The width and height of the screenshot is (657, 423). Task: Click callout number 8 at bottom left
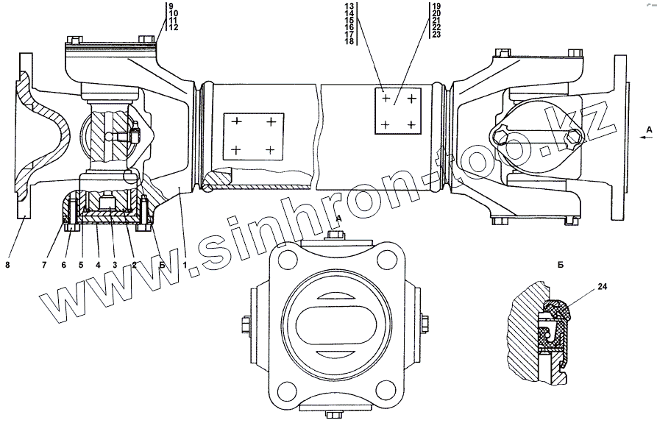tap(7, 265)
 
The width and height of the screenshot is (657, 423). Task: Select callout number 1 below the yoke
tap(185, 265)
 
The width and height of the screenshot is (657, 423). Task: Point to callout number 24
tap(602, 286)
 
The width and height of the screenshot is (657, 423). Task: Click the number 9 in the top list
tap(171, 6)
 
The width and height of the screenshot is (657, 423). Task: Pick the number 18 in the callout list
tap(349, 41)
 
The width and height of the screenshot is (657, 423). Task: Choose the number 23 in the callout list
tap(436, 35)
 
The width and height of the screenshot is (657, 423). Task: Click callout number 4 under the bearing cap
tap(98, 265)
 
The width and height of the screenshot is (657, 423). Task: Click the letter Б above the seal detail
tap(561, 265)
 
